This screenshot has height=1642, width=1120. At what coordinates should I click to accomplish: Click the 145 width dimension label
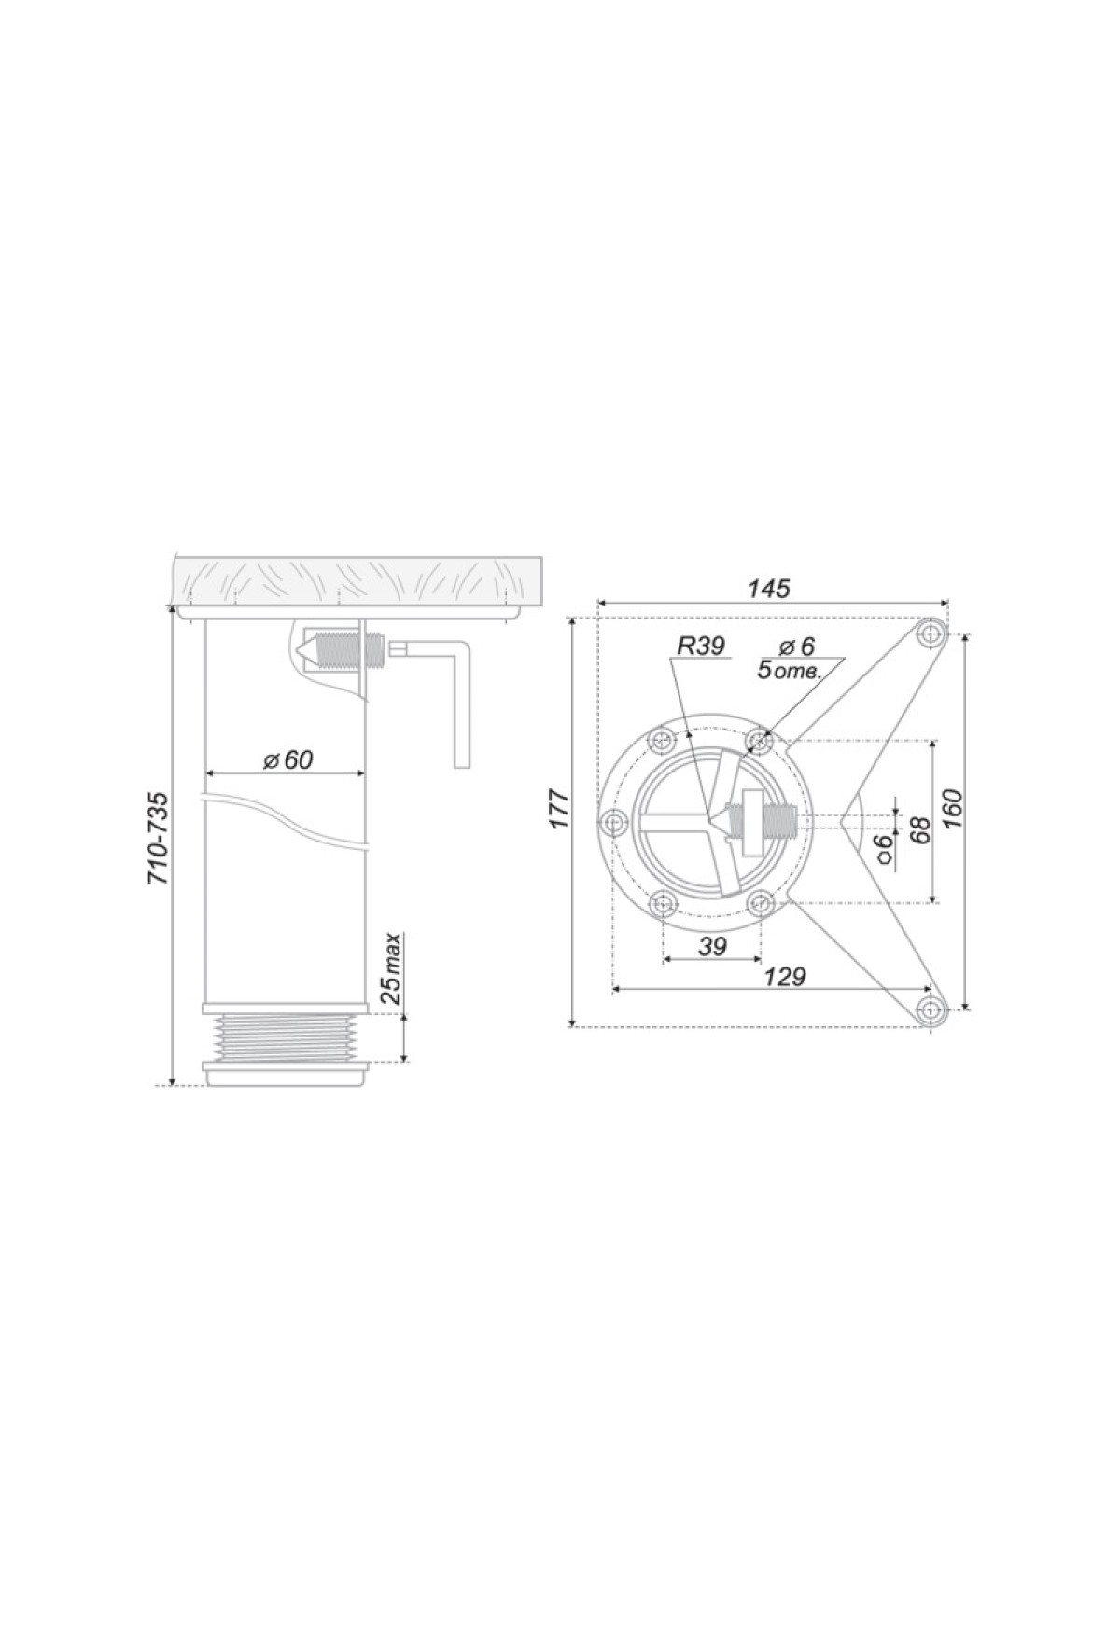pos(770,589)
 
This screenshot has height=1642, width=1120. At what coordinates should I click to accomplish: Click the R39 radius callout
pos(698,646)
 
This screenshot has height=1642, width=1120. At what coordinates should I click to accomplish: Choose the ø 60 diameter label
pos(287,759)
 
